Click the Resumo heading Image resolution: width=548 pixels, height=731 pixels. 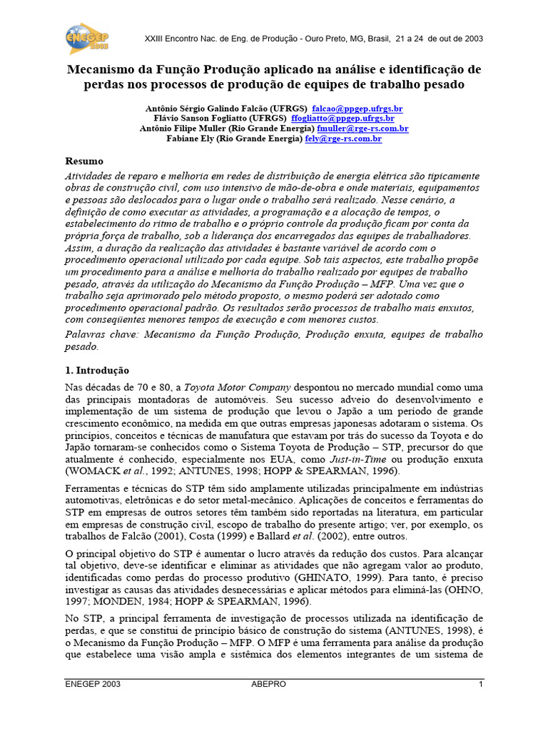coord(84,161)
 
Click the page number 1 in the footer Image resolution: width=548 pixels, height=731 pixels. coord(481,684)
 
